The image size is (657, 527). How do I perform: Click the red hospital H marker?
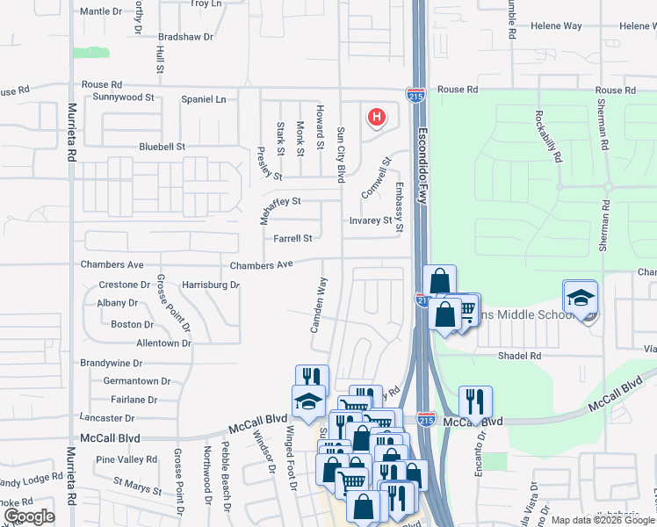377,117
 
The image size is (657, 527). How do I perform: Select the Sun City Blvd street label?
341,155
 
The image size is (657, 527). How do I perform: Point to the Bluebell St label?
162,147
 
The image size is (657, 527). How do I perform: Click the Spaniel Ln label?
203,99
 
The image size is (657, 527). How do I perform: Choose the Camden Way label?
320,304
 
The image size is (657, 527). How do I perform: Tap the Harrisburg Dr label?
211,285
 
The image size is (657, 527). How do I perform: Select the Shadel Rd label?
519,356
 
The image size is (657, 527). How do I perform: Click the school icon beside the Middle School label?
580,299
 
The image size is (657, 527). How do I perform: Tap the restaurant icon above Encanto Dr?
475,401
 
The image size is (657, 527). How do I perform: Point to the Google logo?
29,516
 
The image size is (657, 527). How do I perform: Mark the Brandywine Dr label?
112,363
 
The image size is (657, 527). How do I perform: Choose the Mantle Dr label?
101,11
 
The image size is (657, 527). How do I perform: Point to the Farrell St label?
292,238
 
